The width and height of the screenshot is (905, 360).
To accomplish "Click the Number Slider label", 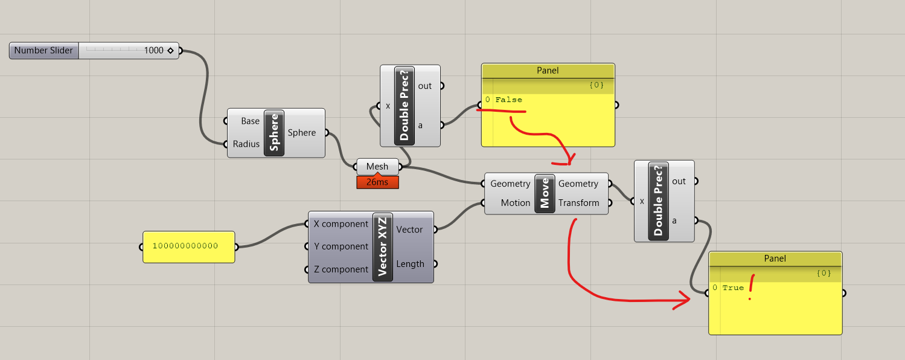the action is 43,51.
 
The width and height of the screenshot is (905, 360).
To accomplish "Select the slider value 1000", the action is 153,51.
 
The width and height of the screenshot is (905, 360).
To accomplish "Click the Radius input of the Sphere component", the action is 246,144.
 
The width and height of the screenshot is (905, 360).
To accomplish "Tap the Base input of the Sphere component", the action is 250,121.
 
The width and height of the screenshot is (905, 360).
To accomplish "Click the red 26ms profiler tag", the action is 377,182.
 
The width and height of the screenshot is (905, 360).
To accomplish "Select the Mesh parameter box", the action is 377,167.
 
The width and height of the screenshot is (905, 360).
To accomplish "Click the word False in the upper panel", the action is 509,100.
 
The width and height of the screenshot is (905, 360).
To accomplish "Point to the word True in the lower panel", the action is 733,288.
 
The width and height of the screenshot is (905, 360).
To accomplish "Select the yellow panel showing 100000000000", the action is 189,247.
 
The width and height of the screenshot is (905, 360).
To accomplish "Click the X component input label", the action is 341,224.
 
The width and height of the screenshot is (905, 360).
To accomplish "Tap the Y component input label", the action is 341,246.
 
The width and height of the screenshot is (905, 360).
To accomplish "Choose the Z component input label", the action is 341,269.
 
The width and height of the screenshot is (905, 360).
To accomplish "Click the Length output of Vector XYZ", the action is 410,264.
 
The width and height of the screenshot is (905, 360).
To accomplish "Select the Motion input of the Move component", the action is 515,203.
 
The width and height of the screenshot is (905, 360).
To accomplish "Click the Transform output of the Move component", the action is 578,203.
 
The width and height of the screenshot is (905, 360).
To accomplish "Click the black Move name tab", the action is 544,193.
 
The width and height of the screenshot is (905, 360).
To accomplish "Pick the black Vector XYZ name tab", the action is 383,247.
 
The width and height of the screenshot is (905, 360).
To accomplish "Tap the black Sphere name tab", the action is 274,133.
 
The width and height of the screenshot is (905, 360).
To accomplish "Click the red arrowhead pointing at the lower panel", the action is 683,300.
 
